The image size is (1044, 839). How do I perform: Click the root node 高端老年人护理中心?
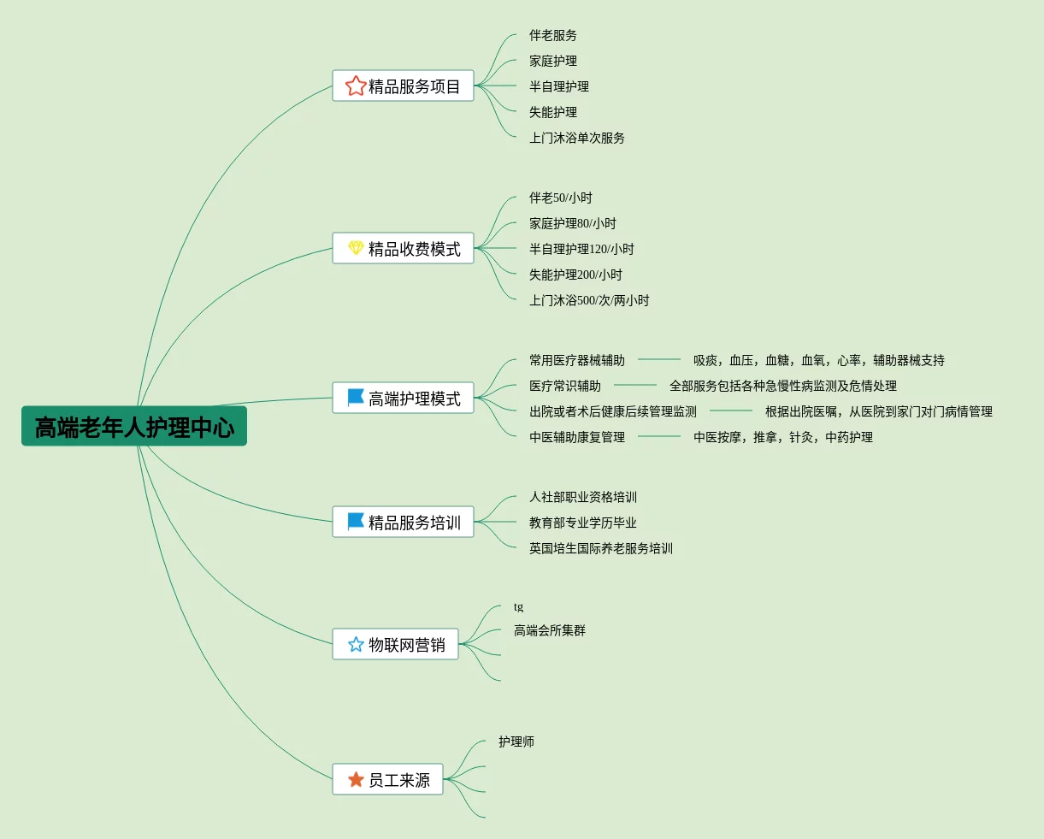coord(134,427)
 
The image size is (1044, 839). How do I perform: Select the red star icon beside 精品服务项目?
coord(356,86)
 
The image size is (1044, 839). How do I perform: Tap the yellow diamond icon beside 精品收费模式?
coord(356,248)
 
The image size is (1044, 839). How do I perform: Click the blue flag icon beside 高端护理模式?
coord(356,398)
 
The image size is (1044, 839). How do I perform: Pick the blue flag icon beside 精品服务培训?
coord(356,522)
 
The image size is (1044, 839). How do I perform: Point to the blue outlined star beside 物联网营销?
coord(356,644)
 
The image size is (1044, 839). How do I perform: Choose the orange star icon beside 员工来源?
coord(356,779)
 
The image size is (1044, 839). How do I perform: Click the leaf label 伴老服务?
coord(552,35)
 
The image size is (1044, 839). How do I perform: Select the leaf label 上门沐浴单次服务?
coord(576,138)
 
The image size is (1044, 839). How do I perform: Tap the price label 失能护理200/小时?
coord(575,275)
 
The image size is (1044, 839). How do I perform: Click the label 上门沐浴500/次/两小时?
coord(589,300)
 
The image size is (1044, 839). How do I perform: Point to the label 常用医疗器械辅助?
coord(576,360)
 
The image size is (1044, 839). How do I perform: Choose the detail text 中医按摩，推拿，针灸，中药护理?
coord(782,437)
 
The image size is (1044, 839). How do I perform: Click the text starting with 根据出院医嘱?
coord(878,411)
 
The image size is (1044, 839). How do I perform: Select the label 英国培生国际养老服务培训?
coord(600,548)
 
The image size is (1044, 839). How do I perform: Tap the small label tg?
coord(518,607)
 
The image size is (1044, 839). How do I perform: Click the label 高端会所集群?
coord(549,630)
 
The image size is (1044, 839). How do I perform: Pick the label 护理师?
coord(516,742)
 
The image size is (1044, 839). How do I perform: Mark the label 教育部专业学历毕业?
coord(582,523)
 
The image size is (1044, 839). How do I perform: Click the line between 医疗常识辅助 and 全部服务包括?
coord(634,386)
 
